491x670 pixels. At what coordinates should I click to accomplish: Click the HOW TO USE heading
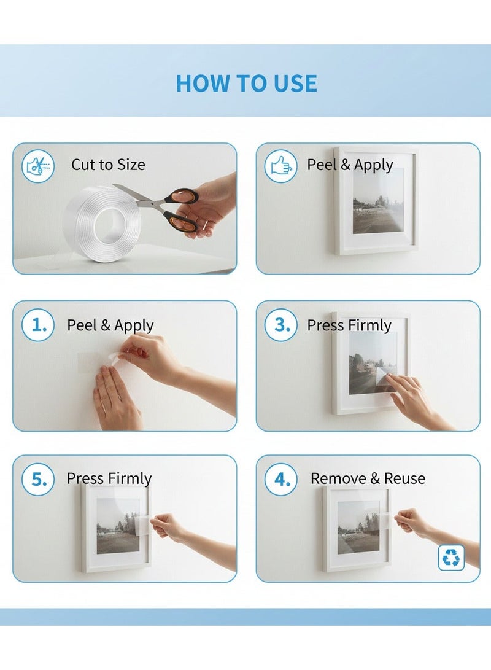246,83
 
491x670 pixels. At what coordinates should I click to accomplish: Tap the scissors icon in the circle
38,166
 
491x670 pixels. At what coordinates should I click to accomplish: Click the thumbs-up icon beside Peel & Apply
280,166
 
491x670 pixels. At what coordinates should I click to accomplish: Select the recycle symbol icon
451,557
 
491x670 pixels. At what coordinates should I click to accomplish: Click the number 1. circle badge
38,325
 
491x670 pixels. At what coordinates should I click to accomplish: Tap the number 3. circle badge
280,325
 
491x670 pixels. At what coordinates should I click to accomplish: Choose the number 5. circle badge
38,479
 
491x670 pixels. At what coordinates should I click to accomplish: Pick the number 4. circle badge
280,479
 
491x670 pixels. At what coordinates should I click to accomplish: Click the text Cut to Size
108,165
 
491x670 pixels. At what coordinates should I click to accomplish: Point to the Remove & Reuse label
368,478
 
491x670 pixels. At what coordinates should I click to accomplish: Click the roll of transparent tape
102,224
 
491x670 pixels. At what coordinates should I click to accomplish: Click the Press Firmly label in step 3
349,325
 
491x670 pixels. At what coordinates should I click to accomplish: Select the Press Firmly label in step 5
109,478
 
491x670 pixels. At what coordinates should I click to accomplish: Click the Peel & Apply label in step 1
110,325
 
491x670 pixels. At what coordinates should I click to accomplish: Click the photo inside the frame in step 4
358,528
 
